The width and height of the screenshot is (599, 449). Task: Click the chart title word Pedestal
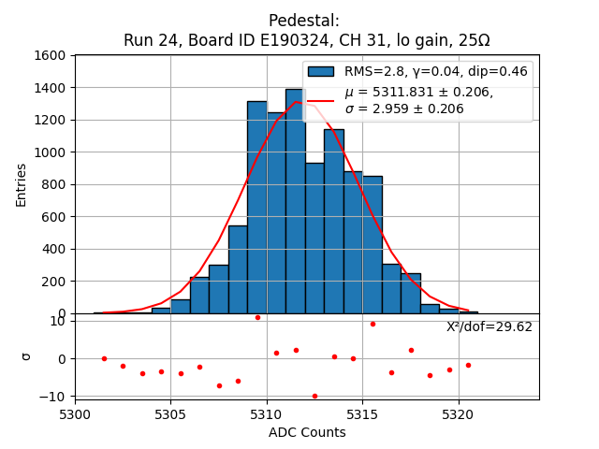[x=304, y=21]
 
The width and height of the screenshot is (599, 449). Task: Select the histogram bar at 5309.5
[x=256, y=208]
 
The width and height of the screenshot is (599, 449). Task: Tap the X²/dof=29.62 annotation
[x=489, y=326]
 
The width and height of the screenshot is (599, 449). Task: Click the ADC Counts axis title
[x=307, y=432]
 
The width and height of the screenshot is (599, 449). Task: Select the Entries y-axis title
[x=22, y=184]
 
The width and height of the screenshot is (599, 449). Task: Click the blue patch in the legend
[x=321, y=72]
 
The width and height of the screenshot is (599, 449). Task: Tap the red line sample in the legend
[x=321, y=100]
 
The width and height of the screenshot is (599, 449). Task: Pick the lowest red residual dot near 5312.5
[x=314, y=396]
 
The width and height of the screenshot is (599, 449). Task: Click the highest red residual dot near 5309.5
[x=257, y=317]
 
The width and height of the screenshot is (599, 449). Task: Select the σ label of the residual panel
[x=26, y=356]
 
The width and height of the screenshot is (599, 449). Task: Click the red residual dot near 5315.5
[x=373, y=324]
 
